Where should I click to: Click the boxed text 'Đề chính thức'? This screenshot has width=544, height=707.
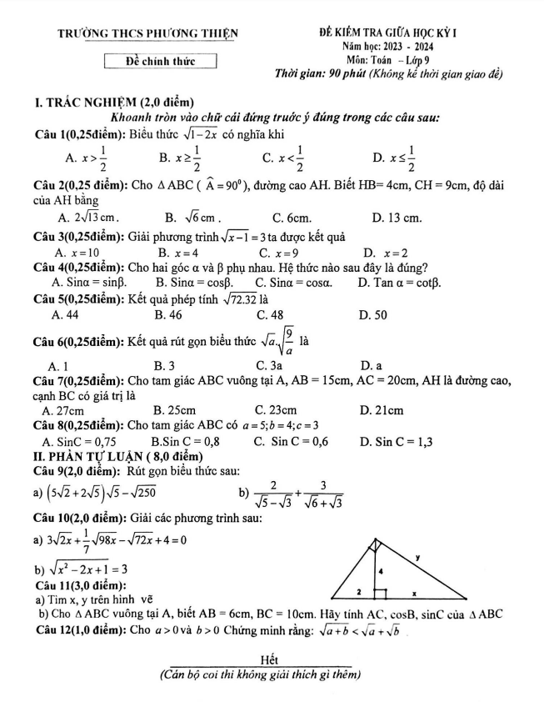click(x=161, y=60)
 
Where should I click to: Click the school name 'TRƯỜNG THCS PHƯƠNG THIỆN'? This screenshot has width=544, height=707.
click(x=147, y=33)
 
